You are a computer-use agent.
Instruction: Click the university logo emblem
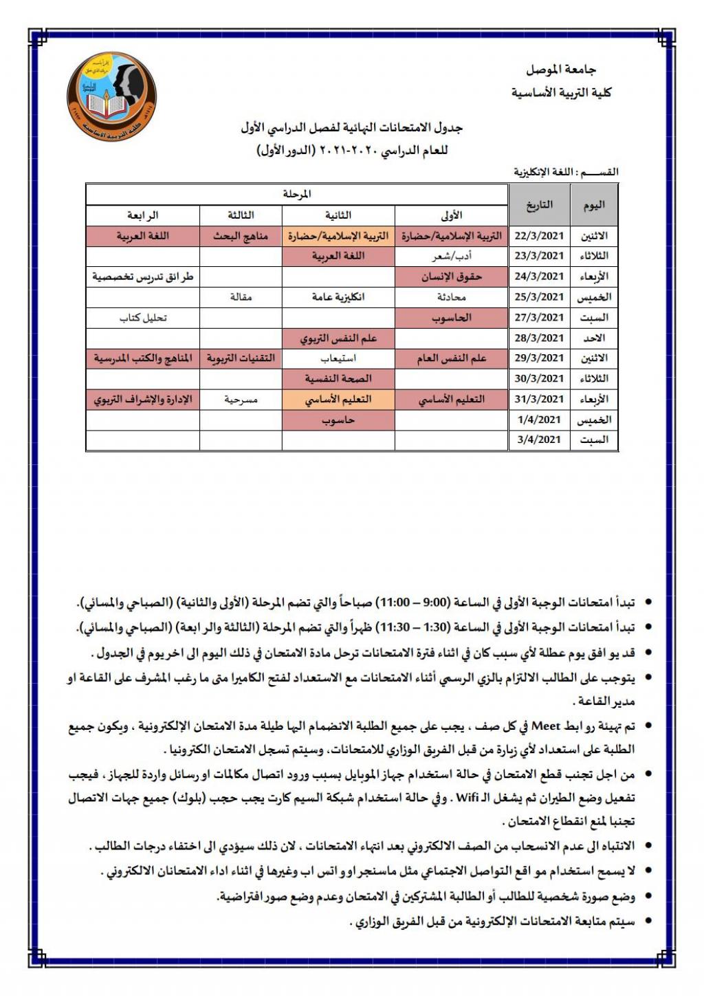(x=111, y=95)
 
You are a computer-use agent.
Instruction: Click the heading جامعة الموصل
(x=561, y=69)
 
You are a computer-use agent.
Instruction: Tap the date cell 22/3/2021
(x=540, y=236)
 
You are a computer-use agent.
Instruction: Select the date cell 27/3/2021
(x=540, y=318)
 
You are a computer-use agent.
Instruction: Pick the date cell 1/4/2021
(x=540, y=420)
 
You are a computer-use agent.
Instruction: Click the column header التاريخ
(x=540, y=205)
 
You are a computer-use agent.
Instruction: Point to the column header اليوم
(x=594, y=205)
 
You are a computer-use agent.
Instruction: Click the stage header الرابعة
(x=143, y=215)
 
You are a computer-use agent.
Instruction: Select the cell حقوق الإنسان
(x=451, y=277)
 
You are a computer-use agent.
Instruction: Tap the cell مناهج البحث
(x=241, y=236)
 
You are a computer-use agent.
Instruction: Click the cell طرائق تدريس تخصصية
(x=143, y=277)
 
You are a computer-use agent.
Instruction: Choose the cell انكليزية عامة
(x=338, y=297)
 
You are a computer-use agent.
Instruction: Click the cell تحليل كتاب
(x=143, y=318)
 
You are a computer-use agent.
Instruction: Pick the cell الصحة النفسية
(x=338, y=379)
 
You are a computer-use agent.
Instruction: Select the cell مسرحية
(x=241, y=400)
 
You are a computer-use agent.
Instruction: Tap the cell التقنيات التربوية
(x=241, y=358)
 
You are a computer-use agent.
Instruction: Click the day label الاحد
(x=594, y=338)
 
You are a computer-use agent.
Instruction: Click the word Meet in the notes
(x=547, y=726)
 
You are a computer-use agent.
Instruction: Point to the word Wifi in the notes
(x=467, y=798)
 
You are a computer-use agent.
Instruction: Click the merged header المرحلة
(x=297, y=195)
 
